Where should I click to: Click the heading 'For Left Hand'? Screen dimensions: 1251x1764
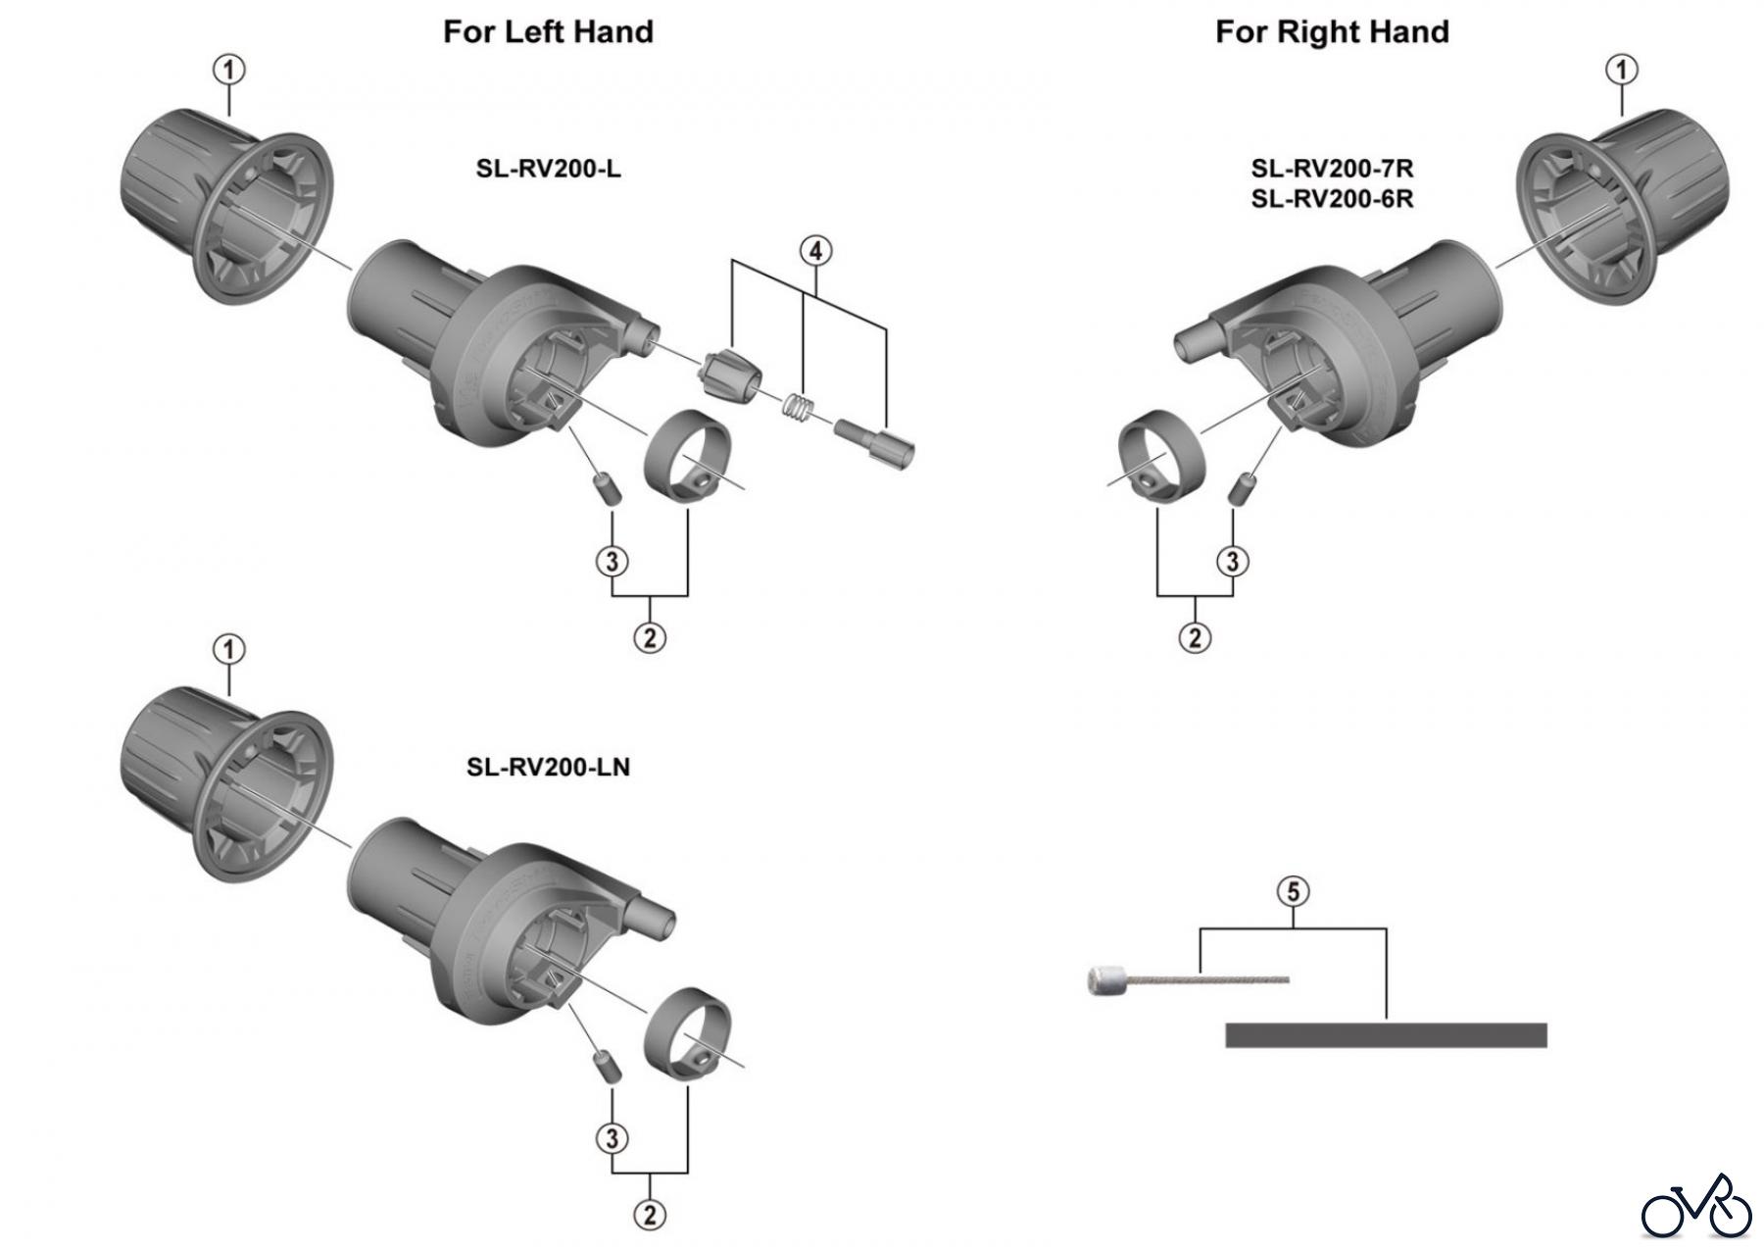click(x=548, y=31)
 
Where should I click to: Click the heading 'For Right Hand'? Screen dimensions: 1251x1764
click(x=1332, y=31)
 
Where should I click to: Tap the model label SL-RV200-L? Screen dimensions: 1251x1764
click(x=548, y=169)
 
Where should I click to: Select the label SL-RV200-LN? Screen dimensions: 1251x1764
click(x=548, y=766)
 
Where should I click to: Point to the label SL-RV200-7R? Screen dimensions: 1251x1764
click(x=1332, y=169)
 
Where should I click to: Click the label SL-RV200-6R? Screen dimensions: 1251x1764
click(x=1332, y=199)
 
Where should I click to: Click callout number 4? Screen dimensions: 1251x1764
click(x=815, y=251)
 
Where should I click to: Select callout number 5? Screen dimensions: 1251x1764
click(x=1294, y=891)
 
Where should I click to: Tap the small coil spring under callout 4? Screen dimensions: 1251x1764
click(x=798, y=406)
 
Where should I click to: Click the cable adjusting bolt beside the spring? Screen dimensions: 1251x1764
click(x=874, y=443)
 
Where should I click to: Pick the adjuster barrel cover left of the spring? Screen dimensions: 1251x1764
click(x=730, y=375)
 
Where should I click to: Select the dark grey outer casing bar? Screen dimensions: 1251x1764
click(x=1386, y=1035)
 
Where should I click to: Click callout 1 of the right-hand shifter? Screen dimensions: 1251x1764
click(x=1622, y=70)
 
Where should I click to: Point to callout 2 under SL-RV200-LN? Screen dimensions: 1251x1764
click(x=650, y=1215)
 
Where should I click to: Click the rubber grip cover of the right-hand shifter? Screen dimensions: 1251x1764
click(x=1622, y=206)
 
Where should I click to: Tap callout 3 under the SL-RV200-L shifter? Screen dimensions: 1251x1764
click(x=612, y=561)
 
